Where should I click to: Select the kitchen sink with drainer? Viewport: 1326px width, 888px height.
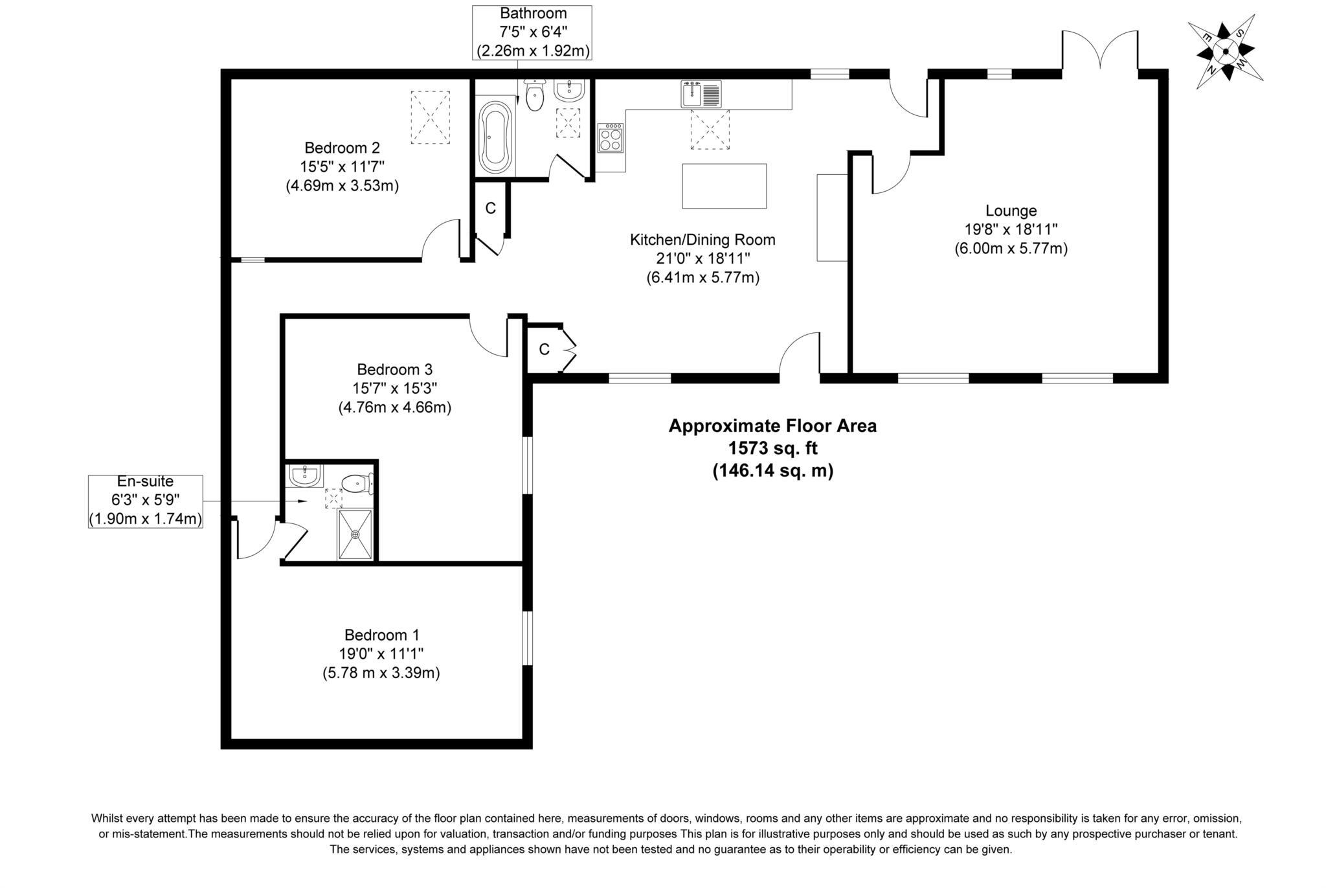pos(701,95)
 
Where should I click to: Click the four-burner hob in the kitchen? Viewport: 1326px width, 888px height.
pos(610,137)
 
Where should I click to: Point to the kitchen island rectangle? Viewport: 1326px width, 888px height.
pos(725,186)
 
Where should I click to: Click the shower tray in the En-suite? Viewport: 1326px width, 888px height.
pos(355,534)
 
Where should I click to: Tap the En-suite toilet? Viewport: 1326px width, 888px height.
pos(356,483)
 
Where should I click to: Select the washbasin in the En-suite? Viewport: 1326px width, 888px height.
pos(304,476)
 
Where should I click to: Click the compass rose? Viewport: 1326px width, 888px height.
pos(1226,51)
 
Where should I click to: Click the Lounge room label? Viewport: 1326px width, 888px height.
pos(1011,211)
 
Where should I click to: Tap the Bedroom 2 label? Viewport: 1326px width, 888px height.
pos(342,148)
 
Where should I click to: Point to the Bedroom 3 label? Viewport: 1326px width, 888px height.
pos(394,369)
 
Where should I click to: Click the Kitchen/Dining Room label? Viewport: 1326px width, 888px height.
pos(702,240)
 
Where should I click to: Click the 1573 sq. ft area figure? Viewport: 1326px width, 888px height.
pos(772,448)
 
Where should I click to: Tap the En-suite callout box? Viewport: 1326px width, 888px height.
pos(145,501)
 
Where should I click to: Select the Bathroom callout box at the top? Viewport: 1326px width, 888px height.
pos(532,32)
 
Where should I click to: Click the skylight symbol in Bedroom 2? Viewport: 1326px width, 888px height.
pos(430,117)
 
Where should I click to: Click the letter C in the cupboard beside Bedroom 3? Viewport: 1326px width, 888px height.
pos(544,350)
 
